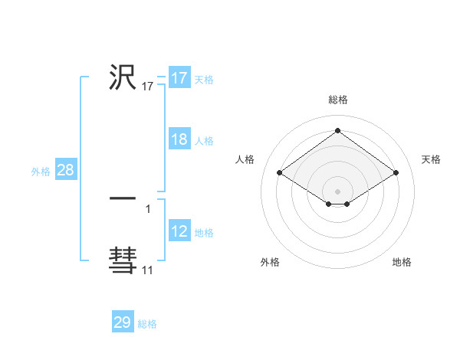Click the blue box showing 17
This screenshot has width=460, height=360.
[179, 78]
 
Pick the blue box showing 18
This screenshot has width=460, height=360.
[179, 139]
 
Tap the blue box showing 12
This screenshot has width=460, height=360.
[179, 231]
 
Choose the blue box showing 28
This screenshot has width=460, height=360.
[65, 170]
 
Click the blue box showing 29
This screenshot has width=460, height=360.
[123, 322]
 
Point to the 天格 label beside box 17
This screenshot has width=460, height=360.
[204, 80]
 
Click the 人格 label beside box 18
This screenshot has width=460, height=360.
[204, 141]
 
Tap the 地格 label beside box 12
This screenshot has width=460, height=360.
[204, 233]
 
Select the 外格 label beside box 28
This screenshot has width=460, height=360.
[41, 172]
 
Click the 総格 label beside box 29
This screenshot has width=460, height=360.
[147, 324]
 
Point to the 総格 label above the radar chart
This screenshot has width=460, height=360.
[338, 100]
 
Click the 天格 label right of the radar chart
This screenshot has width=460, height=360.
[432, 159]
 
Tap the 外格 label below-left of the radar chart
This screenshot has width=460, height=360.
[270, 262]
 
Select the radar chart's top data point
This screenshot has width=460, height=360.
[338, 130]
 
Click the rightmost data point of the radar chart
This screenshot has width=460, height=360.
[396, 173]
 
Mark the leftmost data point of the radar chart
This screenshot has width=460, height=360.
[280, 173]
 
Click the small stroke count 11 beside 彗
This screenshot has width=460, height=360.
[147, 270]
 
